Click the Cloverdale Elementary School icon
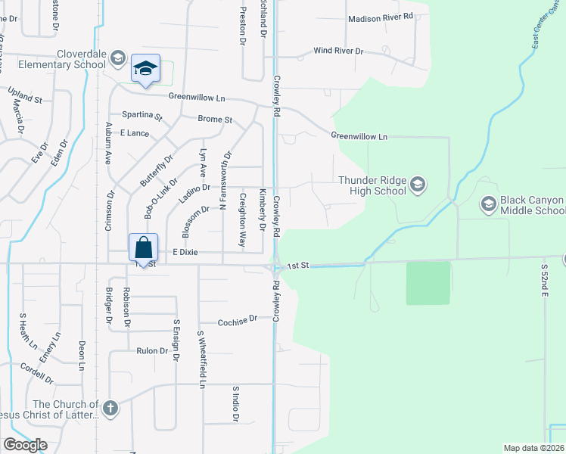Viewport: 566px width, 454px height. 117,58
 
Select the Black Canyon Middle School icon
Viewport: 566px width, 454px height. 488,204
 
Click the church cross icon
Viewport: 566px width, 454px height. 110,409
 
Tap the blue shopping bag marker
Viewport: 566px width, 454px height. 143,247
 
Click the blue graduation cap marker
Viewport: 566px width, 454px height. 145,69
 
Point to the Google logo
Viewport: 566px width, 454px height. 25,445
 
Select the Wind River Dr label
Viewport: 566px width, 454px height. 338,51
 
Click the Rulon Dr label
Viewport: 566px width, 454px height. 151,350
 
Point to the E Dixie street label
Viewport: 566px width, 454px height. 185,253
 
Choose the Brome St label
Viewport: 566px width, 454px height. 215,120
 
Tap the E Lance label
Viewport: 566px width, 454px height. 135,132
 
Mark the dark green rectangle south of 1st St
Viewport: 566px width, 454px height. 428,283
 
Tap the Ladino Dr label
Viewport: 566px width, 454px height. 194,188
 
